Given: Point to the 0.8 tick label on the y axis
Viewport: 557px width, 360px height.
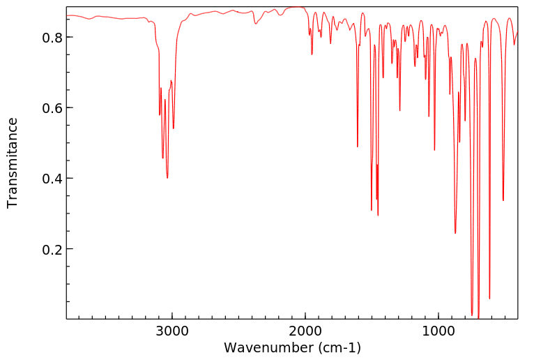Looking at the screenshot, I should click(x=52, y=37).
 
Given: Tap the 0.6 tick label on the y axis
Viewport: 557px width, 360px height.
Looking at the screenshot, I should click(x=52, y=108).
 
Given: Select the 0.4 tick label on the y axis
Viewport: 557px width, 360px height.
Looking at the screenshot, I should click(x=52, y=179).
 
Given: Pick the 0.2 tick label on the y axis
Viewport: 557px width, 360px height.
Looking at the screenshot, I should click(x=52, y=249).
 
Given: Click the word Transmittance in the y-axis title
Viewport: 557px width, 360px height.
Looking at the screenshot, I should click(x=13, y=163).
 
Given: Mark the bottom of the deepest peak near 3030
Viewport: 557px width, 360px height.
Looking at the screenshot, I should click(x=167, y=178).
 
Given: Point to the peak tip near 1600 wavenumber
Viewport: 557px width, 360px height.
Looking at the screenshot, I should click(x=358, y=147).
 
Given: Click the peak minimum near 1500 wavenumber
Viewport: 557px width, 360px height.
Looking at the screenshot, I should click(x=372, y=210).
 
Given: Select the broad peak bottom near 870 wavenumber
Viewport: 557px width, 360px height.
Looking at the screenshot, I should click(x=455, y=233).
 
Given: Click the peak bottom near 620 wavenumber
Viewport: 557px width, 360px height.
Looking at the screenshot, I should click(x=489, y=299).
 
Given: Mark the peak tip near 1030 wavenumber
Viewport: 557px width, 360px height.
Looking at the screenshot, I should click(x=434, y=150).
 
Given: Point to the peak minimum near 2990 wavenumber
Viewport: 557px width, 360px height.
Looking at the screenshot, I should click(x=174, y=128).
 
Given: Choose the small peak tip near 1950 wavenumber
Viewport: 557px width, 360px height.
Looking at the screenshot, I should click(x=312, y=54).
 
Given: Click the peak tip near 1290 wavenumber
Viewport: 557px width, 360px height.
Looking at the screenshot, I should click(x=399, y=110).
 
